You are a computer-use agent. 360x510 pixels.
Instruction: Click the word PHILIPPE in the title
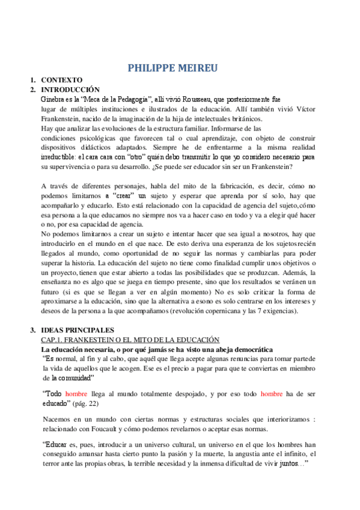pos(154,67)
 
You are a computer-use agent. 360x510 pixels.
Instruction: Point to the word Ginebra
pos(52,98)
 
